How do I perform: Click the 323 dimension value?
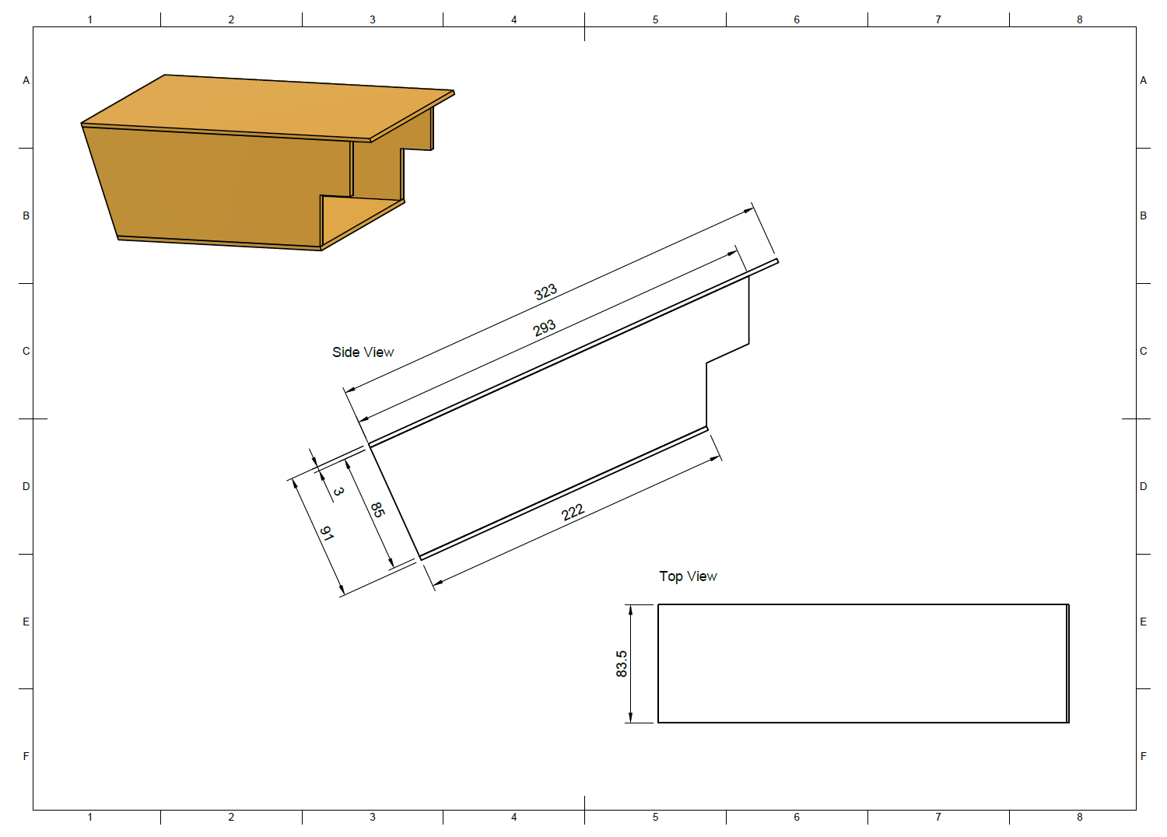tap(545, 292)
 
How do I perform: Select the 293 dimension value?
tap(544, 328)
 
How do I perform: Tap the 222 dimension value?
tap(573, 513)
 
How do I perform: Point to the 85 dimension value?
tap(377, 510)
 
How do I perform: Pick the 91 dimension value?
tap(327, 533)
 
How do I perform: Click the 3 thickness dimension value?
tap(338, 491)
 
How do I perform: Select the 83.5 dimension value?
tap(621, 664)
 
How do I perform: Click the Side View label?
tap(363, 352)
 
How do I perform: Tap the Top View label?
tap(688, 576)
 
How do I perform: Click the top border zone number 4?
tap(513, 19)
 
